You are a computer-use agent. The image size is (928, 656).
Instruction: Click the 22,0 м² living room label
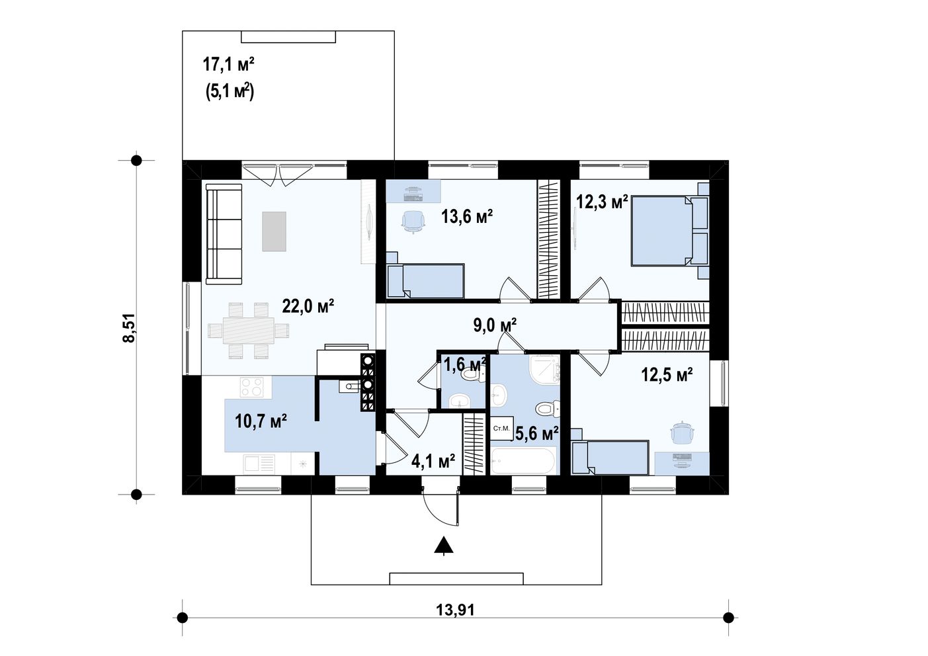[x=308, y=307]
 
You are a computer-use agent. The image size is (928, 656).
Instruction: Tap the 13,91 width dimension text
[x=455, y=610]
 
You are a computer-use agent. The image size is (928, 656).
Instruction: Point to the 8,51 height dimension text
[x=129, y=327]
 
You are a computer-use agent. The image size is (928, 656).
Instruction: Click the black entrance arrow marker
[x=444, y=546]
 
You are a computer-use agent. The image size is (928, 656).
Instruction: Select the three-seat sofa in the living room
[x=224, y=234]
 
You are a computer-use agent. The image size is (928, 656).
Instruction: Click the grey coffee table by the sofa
[x=274, y=231]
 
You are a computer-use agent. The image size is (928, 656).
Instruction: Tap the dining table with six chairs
[x=248, y=331]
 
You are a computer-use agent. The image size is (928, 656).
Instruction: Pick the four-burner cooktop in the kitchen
[x=252, y=388]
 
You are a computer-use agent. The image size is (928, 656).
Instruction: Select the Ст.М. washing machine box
[x=501, y=429]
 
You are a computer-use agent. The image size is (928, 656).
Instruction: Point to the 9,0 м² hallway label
[x=495, y=325]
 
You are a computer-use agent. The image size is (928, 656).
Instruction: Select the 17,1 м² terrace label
[x=228, y=64]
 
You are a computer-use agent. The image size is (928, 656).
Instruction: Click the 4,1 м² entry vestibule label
[x=433, y=460]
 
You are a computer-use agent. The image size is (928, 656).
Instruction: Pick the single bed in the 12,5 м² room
[x=609, y=457]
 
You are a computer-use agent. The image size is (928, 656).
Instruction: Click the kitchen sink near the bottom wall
[x=259, y=463]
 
